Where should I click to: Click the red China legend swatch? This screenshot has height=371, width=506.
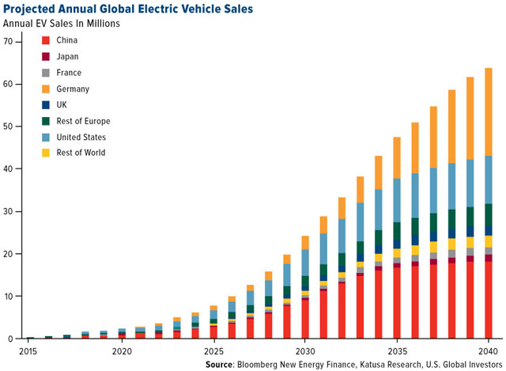[x=46, y=40]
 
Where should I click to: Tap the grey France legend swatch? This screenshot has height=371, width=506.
[x=46, y=72]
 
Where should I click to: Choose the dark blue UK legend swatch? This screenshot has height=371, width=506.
[x=46, y=104]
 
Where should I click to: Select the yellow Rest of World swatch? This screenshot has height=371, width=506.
[x=46, y=153]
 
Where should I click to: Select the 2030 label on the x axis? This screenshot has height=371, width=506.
[x=305, y=350]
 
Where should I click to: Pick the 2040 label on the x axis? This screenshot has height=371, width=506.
[x=488, y=350]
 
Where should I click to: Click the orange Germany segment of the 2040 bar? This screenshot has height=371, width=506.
[x=488, y=111]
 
